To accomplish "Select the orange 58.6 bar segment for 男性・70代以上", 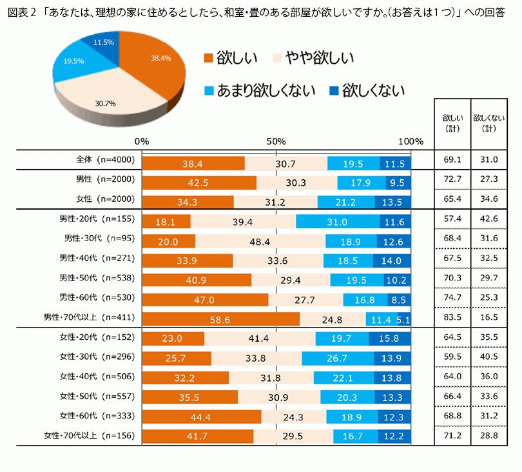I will (220, 319).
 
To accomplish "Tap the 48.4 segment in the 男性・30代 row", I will (260, 242).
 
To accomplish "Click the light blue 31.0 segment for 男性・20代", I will (338, 222).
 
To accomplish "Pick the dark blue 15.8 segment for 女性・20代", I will (390, 339).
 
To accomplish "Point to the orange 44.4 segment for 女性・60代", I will (201, 417).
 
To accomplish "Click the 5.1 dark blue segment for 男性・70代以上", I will (404, 319).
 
